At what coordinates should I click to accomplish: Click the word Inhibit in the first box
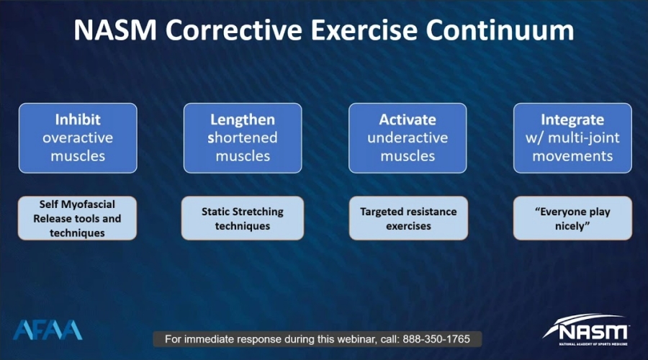78,120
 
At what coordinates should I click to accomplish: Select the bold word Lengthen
243,120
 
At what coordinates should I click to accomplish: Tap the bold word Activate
408,120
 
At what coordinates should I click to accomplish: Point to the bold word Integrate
572,120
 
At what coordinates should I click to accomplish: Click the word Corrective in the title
234,30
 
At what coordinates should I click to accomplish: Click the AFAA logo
48,330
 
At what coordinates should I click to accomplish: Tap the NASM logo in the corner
586,330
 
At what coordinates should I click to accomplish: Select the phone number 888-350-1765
436,339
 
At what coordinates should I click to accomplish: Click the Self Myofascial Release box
77,218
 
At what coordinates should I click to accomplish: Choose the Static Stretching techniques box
243,218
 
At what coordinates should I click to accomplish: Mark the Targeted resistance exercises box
408,218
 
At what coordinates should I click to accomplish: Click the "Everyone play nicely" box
572,218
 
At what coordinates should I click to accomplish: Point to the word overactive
78,138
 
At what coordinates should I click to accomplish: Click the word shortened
243,138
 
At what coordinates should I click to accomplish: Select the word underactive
408,138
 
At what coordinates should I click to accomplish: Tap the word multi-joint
583,138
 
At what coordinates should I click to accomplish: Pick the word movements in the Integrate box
572,156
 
